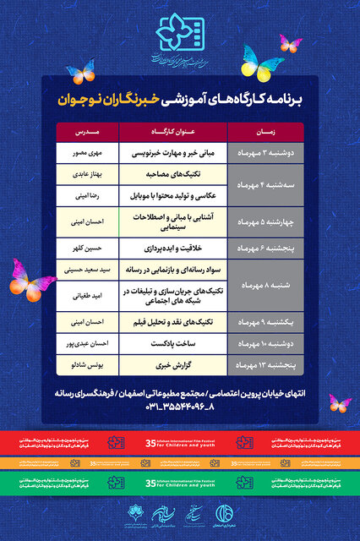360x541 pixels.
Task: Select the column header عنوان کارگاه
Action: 175,132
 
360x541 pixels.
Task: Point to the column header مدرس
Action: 88,132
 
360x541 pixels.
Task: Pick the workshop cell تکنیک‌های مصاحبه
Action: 174,172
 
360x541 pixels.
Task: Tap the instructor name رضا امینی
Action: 87,195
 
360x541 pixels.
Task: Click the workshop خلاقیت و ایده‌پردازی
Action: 174,250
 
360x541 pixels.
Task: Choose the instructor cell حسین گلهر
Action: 87,250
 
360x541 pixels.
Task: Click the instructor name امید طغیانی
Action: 87,297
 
